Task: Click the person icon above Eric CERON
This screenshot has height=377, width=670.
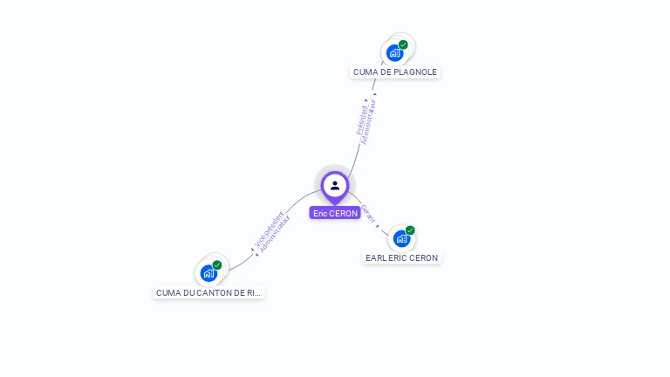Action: click(x=335, y=185)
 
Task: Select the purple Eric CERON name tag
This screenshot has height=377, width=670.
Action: click(x=335, y=213)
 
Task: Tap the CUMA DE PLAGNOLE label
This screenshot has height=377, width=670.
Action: click(x=395, y=72)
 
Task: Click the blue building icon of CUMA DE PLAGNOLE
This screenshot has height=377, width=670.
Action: click(x=394, y=53)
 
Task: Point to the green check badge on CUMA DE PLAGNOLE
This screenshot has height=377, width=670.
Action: click(x=403, y=45)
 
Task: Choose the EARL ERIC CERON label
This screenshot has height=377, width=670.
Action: click(x=401, y=258)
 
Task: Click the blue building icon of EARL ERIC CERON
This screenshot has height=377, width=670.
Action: click(x=401, y=238)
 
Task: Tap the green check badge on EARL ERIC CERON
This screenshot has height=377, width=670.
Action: click(x=410, y=230)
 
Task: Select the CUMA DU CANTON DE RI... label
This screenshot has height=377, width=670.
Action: click(x=209, y=293)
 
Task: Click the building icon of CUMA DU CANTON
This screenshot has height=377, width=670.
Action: click(x=209, y=273)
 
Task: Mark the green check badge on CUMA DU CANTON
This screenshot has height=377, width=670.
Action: click(x=217, y=264)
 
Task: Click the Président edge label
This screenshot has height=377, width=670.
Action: click(x=362, y=119)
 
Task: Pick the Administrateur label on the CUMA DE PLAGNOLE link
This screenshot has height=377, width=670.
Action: click(x=370, y=122)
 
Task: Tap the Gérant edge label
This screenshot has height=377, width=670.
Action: click(x=367, y=214)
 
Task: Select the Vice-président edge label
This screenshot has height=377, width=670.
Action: click(x=268, y=230)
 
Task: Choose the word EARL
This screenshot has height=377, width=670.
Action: click(x=376, y=258)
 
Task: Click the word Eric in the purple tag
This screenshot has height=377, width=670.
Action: click(x=320, y=213)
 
